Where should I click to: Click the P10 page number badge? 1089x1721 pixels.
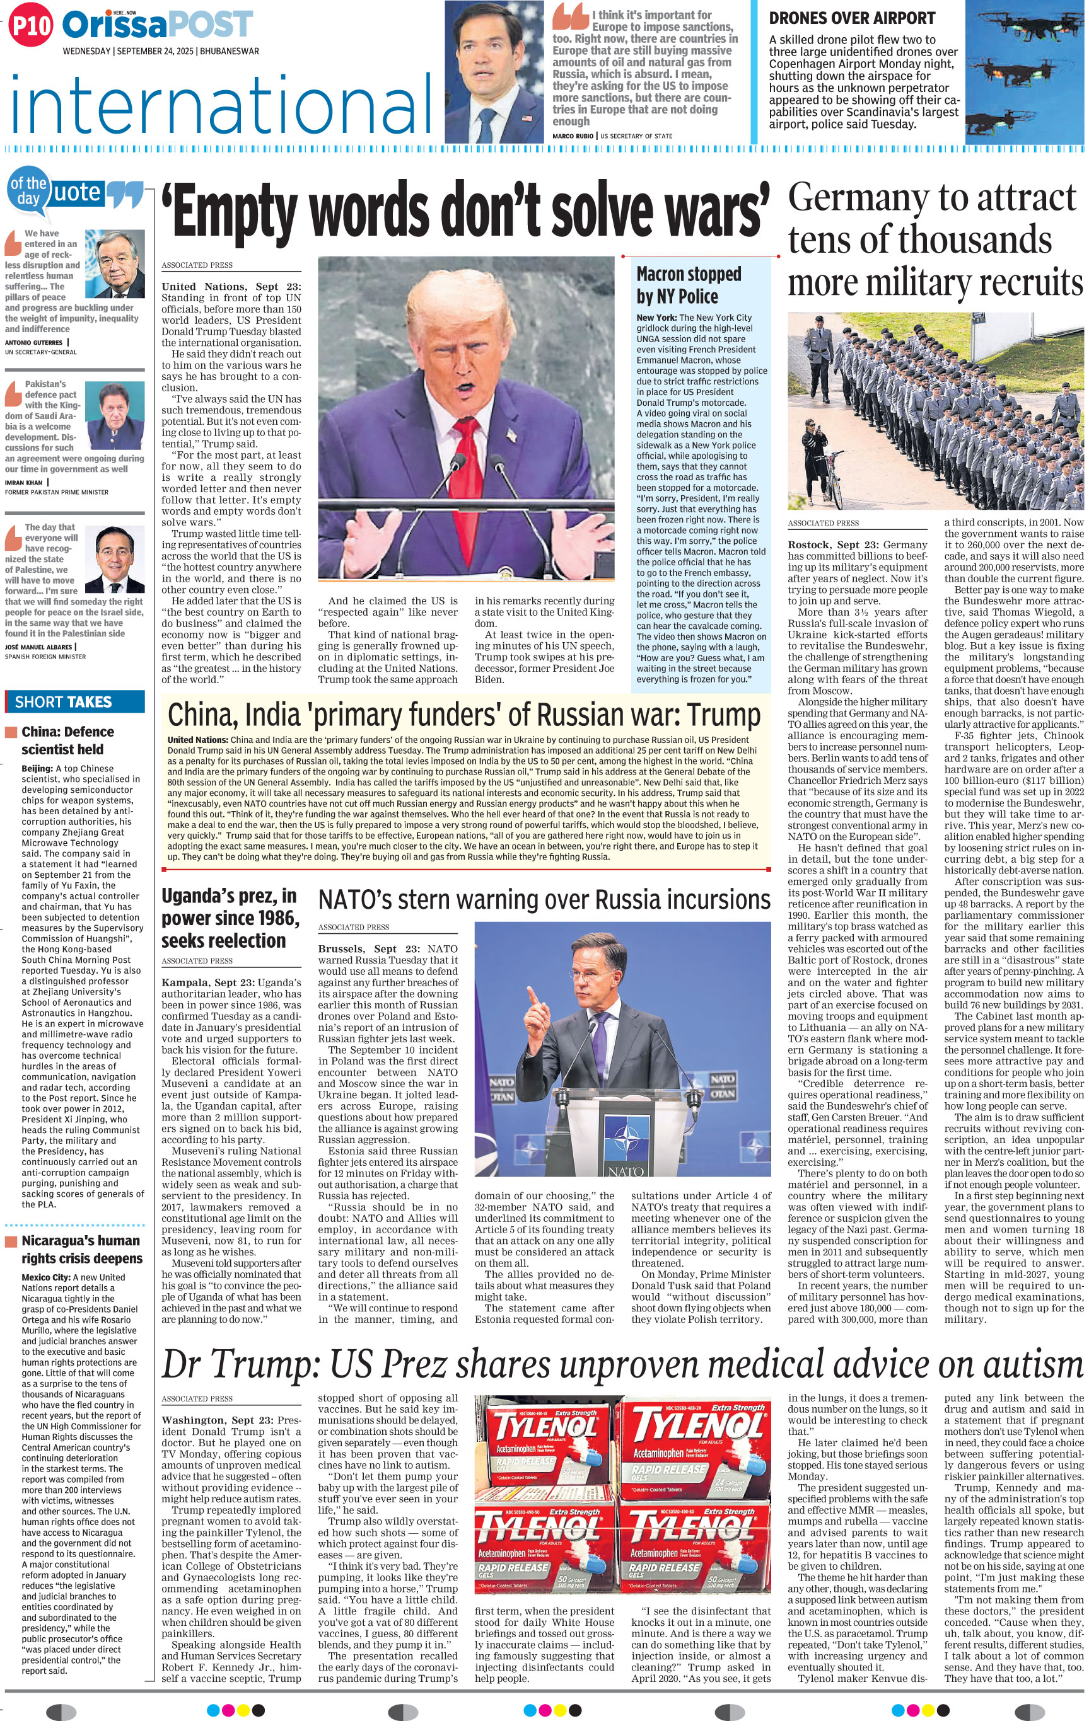click(x=32, y=26)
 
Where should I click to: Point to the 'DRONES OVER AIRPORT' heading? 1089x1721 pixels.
click(x=852, y=18)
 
